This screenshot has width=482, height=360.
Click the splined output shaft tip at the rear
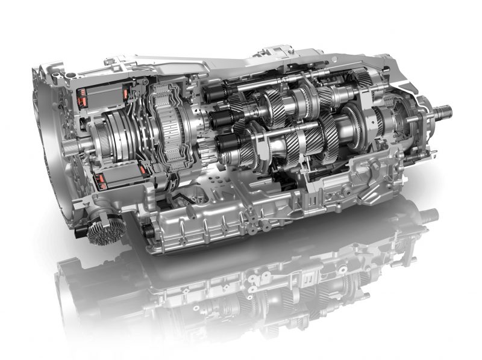[444, 111]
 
